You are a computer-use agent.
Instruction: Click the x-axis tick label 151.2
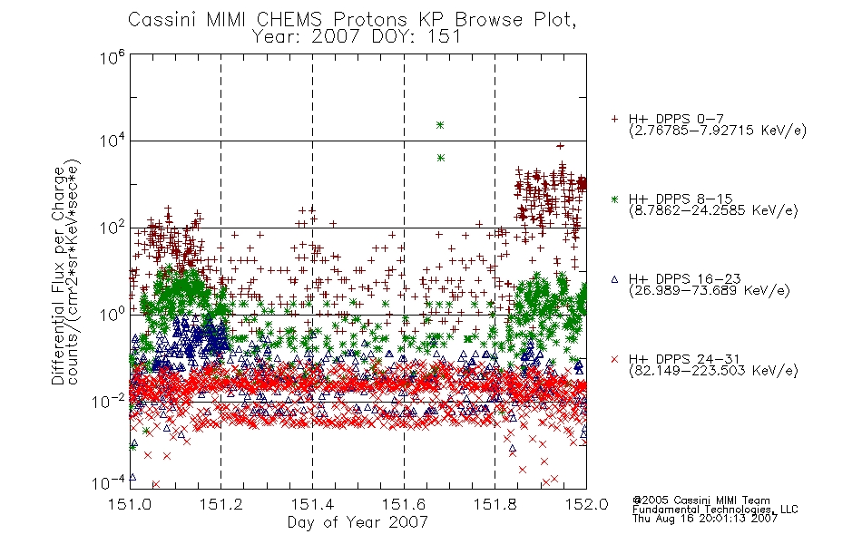pyautogui.click(x=221, y=504)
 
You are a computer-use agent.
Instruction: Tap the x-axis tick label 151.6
pyautogui.click(x=404, y=504)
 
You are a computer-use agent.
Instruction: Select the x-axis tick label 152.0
pyautogui.click(x=586, y=504)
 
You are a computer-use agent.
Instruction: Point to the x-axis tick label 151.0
pyautogui.click(x=130, y=504)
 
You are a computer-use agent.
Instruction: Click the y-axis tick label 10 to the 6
pyautogui.click(x=113, y=57)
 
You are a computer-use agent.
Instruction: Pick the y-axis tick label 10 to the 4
pyautogui.click(x=113, y=141)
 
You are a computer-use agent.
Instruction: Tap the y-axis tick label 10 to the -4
pyautogui.click(x=108, y=482)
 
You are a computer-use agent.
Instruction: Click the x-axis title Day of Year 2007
pyautogui.click(x=358, y=522)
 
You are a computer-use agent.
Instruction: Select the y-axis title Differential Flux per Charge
pyautogui.click(x=58, y=275)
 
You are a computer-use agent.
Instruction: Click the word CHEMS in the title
pyautogui.click(x=290, y=20)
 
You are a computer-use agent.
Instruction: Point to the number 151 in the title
pyautogui.click(x=446, y=37)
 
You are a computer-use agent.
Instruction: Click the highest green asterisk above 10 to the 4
pyautogui.click(x=440, y=125)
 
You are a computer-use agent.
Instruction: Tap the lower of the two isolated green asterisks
pyautogui.click(x=440, y=159)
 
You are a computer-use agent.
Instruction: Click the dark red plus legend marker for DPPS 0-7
pyautogui.click(x=614, y=119)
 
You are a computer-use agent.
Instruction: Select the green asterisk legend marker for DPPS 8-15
pyautogui.click(x=614, y=199)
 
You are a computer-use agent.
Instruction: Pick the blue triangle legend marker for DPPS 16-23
pyautogui.click(x=614, y=279)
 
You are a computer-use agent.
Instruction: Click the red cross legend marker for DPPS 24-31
pyautogui.click(x=614, y=359)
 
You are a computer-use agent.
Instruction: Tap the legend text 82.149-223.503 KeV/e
pyautogui.click(x=713, y=371)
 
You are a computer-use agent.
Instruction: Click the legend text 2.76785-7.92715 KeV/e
pyautogui.click(x=718, y=131)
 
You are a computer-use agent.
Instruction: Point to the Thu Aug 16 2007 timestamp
pyautogui.click(x=705, y=519)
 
